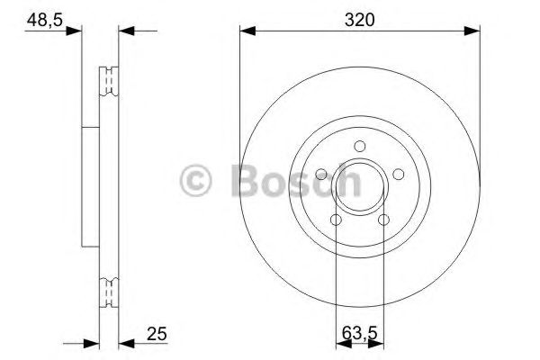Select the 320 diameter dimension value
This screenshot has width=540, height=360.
point(360,15)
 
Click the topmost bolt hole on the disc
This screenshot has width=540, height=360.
point(360,147)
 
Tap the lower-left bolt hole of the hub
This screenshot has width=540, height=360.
point(336,220)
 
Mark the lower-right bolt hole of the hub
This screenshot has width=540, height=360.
point(384,220)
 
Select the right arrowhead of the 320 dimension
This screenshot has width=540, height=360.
point(473,31)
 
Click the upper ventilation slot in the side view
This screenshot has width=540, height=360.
point(109,80)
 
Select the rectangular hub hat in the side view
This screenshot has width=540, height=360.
point(90,186)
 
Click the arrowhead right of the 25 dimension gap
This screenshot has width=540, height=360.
point(126,342)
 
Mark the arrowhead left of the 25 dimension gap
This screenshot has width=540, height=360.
point(91,342)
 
